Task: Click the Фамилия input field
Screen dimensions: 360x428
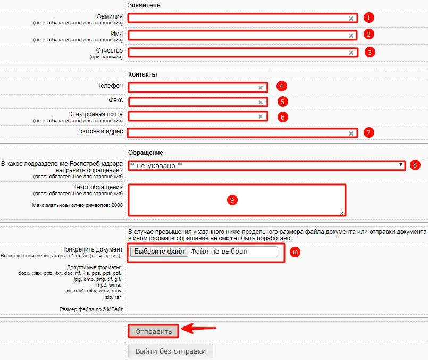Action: click(239, 18)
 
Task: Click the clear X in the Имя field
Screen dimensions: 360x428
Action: click(351, 36)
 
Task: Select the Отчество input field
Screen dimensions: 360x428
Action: click(239, 53)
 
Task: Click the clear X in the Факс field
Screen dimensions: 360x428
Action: click(261, 102)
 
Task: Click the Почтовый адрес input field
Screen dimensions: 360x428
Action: click(239, 133)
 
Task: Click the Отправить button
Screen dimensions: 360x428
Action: click(154, 331)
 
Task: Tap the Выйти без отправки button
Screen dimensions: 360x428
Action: click(171, 351)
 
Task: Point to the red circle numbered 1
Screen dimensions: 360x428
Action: click(370, 18)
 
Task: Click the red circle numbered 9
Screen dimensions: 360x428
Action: click(231, 200)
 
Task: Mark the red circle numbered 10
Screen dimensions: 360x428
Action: click(296, 252)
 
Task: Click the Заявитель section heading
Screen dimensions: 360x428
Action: click(144, 5)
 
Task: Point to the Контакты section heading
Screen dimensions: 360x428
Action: click(142, 74)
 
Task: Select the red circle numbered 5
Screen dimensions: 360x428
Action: click(283, 102)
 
